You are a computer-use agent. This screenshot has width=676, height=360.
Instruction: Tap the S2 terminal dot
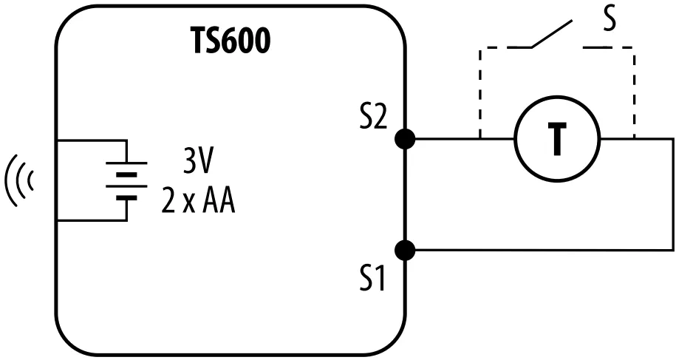pyautogui.click(x=404, y=138)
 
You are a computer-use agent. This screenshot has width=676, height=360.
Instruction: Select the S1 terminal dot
pyautogui.click(x=404, y=251)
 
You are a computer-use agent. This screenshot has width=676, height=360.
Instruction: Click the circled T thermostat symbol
pyautogui.click(x=557, y=138)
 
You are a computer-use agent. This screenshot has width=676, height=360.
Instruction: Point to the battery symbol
pyautogui.click(x=127, y=181)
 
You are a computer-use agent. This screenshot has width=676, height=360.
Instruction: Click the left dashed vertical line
pyautogui.click(x=481, y=92)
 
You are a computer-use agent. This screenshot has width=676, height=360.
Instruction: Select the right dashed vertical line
pyautogui.click(x=634, y=92)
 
